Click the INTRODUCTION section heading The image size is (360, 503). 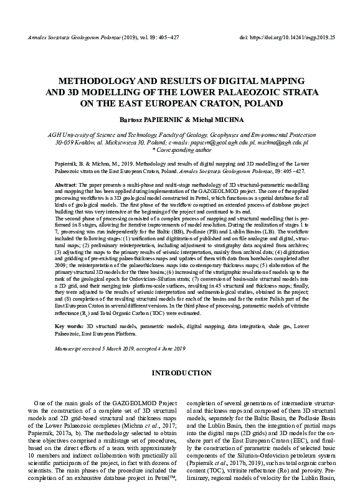pos(179,373)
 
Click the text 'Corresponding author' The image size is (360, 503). pos(182,150)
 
